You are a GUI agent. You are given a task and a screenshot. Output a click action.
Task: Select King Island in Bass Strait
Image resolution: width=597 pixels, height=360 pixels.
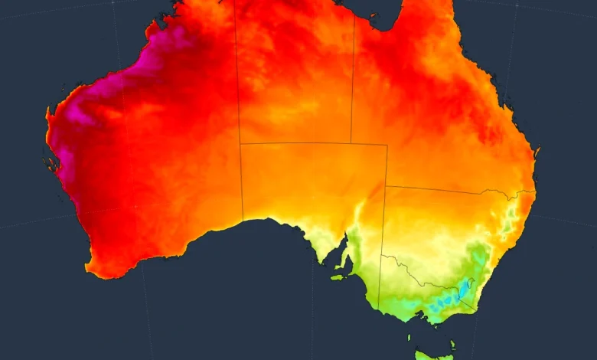click(x=409, y=335)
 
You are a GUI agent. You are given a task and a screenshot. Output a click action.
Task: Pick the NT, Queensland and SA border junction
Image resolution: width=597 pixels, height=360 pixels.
click(x=351, y=143)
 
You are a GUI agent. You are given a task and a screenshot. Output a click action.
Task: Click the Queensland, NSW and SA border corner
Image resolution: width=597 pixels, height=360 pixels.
click(x=387, y=186)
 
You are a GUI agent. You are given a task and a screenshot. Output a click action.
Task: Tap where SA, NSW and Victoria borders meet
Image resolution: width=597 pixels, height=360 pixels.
click(x=381, y=256)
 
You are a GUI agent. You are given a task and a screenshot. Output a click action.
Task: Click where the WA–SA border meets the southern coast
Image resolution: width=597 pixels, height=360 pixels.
click(x=243, y=221)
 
